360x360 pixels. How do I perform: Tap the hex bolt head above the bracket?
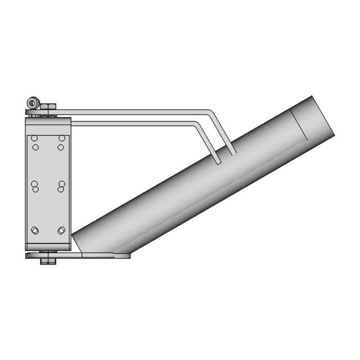(x=48, y=105)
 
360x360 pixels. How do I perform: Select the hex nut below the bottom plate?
(x=46, y=260)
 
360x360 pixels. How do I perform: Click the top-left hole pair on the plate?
(x=35, y=143)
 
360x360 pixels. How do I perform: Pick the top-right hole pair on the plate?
(x=61, y=143)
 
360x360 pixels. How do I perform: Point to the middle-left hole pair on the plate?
(x=35, y=186)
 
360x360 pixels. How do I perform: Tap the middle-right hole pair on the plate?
(x=61, y=186)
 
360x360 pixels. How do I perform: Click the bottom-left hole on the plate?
(x=35, y=230)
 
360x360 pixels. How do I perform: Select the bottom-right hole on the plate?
(x=61, y=230)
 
